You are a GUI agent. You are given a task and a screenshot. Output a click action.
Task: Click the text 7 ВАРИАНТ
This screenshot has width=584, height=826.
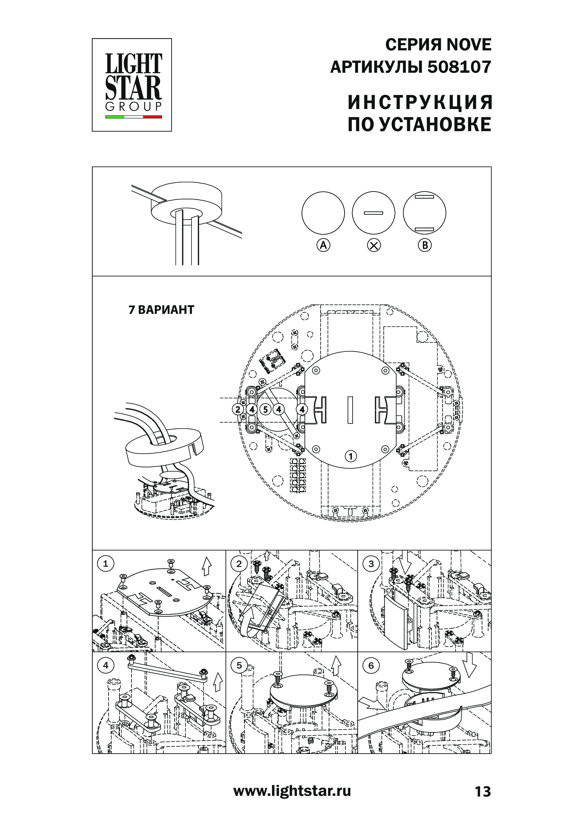(161, 310)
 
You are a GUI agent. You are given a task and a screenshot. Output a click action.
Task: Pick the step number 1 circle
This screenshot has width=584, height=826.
(105, 564)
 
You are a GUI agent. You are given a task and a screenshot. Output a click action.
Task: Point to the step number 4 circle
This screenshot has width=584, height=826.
(105, 665)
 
